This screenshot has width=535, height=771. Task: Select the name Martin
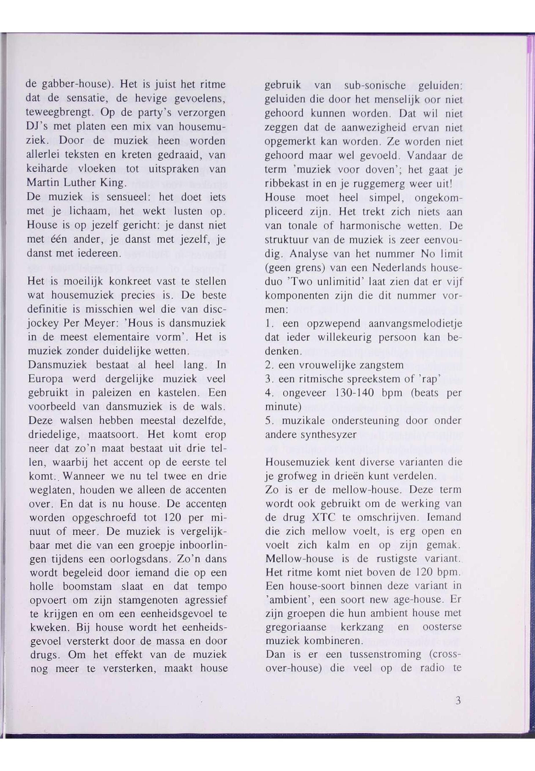(42, 182)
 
